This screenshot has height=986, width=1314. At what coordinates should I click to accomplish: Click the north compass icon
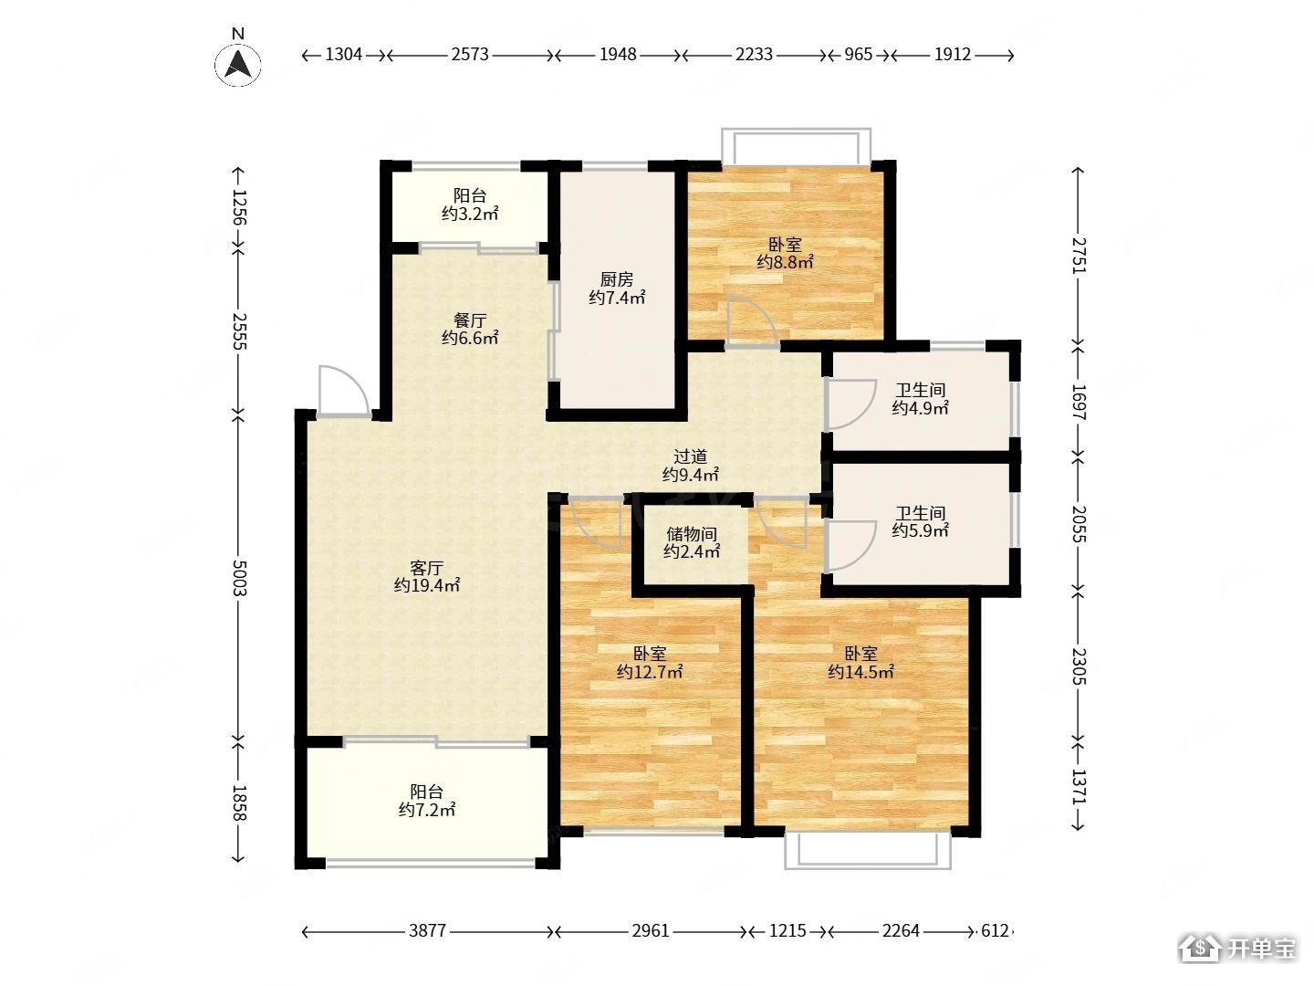coord(237,64)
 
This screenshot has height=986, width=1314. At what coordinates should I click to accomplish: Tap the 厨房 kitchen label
coord(617,279)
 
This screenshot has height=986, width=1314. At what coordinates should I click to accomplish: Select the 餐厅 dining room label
coord(470,320)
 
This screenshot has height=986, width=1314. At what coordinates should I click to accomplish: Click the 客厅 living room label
coord(427,568)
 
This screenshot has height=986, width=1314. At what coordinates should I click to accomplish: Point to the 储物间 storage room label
coord(692,533)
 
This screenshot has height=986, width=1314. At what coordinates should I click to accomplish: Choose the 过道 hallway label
coord(690,456)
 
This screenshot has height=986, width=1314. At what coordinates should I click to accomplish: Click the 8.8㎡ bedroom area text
coord(785,262)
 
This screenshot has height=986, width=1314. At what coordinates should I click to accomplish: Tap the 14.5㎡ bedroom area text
coord(860,672)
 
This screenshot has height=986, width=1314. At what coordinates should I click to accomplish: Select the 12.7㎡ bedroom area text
coord(650,672)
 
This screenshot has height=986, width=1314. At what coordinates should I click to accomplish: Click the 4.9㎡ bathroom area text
coord(920,408)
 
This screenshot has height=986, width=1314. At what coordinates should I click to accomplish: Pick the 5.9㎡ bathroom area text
coord(920,530)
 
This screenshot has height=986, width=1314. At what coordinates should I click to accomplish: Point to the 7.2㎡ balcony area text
coord(427,810)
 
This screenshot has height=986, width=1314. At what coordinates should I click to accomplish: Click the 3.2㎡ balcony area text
coord(470,214)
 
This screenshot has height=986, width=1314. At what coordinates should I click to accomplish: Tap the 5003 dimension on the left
coord(239,578)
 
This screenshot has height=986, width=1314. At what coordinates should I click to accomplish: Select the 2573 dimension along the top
coord(470,55)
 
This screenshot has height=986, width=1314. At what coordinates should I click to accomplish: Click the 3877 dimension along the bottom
coord(427,930)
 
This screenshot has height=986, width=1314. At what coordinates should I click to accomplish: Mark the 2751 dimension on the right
coord(1079,256)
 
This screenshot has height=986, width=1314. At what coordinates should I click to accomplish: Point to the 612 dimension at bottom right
coord(995,930)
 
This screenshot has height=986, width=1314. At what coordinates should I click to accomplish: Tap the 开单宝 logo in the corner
coord(1238,948)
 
